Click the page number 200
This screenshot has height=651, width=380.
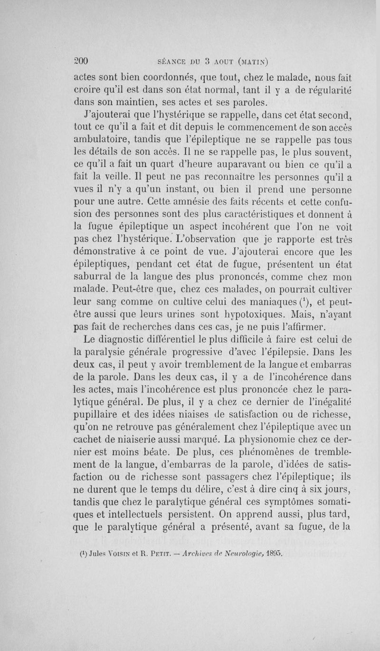click(83, 61)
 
